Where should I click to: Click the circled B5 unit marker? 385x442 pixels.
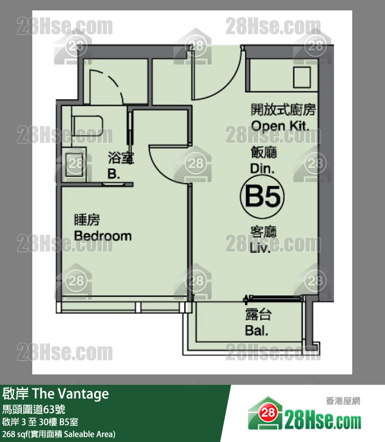[262, 197]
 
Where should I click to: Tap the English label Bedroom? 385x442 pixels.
[103, 236]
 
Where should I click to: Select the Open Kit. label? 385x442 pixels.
[280, 126]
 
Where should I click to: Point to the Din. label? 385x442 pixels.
[262, 168]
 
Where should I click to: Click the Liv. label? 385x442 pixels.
[260, 248]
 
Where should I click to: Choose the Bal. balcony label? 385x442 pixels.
[256, 330]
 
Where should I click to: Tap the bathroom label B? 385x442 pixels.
[113, 174]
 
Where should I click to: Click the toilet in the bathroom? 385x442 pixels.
[87, 126]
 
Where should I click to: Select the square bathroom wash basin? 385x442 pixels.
[74, 164]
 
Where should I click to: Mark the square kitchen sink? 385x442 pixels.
[302, 77]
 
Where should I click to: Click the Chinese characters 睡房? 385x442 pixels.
[87, 220]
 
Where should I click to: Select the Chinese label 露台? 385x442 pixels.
[258, 315]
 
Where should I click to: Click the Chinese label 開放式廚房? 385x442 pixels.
[283, 110]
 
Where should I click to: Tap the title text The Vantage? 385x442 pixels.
[71, 394]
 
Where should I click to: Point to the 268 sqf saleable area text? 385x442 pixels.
[59, 434]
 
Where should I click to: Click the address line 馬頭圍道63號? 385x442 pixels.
[34, 409]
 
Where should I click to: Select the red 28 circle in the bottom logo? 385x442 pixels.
[268, 412]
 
